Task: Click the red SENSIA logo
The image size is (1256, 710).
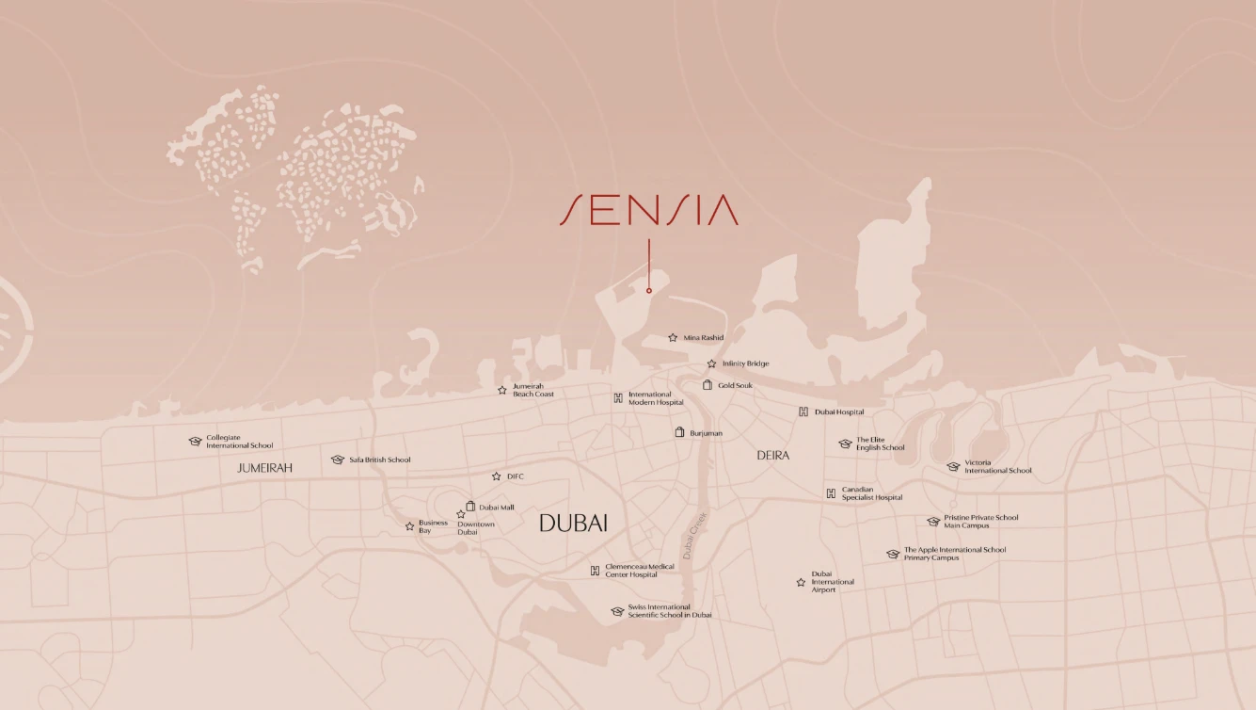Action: (x=649, y=209)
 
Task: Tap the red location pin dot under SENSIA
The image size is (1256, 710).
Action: (x=649, y=290)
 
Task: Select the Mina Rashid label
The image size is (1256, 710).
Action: (x=704, y=337)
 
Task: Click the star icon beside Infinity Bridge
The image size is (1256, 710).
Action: (x=711, y=363)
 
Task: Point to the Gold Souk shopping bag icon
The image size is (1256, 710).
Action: (x=707, y=384)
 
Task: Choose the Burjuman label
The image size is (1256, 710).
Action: (x=706, y=433)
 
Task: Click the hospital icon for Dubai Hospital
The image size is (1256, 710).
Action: (x=803, y=411)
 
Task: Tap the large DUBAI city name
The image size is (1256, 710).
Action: (x=573, y=524)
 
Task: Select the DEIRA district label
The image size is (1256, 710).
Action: (x=773, y=455)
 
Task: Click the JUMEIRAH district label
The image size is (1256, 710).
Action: (x=265, y=467)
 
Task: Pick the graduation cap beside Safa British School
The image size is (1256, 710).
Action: (x=338, y=460)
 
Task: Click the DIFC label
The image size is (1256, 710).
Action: (x=515, y=476)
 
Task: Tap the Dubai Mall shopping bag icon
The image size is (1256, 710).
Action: (x=470, y=507)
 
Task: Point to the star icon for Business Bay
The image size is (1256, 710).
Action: (x=409, y=526)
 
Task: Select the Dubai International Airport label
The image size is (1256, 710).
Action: (x=833, y=582)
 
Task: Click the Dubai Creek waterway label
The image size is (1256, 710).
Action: (x=697, y=536)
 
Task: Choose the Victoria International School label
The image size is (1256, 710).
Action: (x=997, y=466)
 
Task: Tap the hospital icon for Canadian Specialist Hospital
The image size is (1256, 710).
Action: (x=831, y=493)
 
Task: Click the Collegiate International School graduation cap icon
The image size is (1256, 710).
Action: (x=195, y=441)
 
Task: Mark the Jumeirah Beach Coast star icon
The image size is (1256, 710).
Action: (x=502, y=390)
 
